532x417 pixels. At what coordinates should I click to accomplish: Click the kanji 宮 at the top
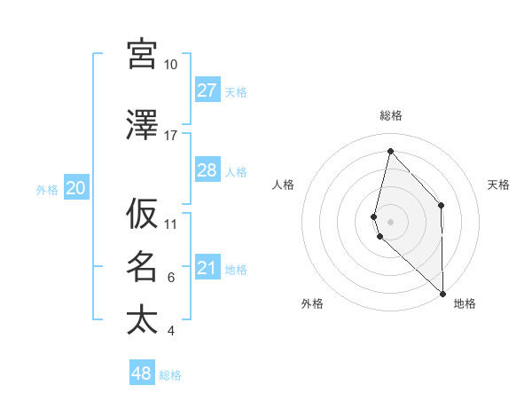142,54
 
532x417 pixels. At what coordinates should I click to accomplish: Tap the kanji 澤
142,125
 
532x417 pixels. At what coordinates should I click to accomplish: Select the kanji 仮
142,214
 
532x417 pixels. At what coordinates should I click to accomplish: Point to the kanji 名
142,267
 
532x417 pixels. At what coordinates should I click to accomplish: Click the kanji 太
142,320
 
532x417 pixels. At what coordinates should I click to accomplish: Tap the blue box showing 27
207,90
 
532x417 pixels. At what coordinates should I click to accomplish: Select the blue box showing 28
207,170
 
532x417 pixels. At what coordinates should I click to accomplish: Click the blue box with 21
207,268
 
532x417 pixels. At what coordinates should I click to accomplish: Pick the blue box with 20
76,188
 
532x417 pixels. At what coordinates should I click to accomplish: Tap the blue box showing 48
142,374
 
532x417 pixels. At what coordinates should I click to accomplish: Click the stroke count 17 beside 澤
171,136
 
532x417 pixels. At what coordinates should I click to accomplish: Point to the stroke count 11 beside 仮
171,224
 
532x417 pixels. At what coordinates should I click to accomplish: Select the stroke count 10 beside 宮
171,65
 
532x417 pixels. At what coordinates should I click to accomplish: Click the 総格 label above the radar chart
390,115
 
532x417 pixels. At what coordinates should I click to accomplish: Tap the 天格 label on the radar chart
499,185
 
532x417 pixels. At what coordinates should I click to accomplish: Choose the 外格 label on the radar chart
312,303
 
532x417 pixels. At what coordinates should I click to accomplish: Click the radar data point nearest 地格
442,293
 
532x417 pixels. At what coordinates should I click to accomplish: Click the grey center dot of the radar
390,221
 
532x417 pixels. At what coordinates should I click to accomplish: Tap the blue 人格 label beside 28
236,171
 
